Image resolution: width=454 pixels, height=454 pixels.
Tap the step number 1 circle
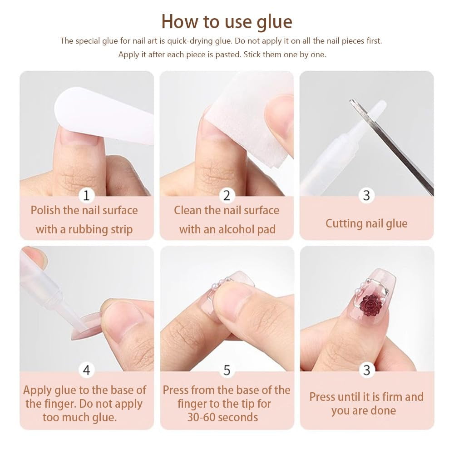coord(86,195)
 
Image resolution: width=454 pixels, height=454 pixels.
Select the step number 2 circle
coord(227,195)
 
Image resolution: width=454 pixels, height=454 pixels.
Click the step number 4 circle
coord(86,370)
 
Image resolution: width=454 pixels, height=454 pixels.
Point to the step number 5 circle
coord(227,370)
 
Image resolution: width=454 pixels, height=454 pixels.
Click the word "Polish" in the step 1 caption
coord(45,211)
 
